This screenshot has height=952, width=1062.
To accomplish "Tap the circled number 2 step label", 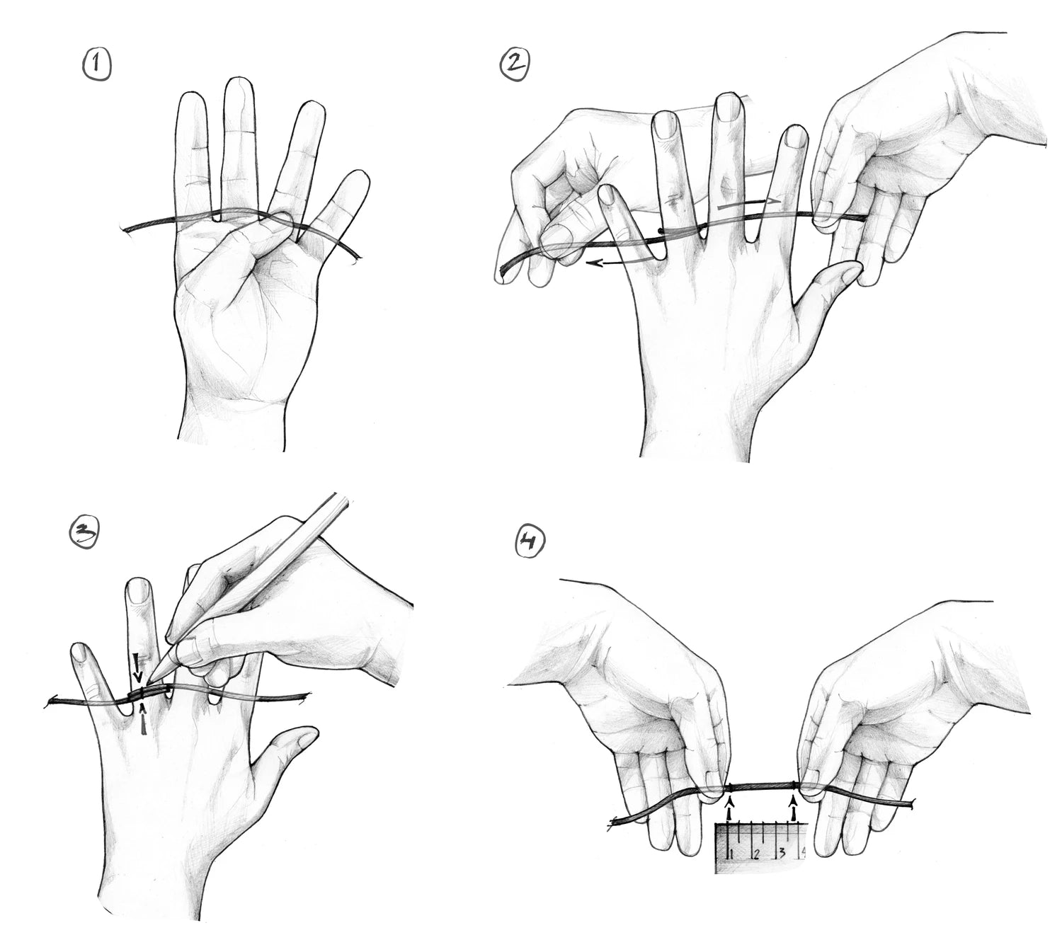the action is (515, 64).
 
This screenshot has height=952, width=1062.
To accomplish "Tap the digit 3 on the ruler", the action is (781, 853).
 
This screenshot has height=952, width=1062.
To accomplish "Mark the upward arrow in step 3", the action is (143, 718).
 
